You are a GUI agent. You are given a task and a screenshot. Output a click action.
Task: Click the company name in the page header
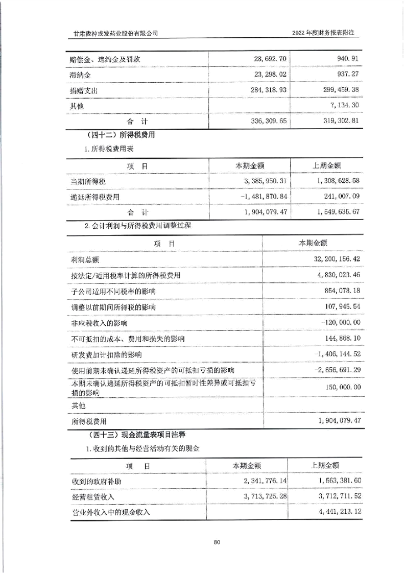click(x=115, y=33)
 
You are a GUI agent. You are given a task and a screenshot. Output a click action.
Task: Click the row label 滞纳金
click(x=80, y=75)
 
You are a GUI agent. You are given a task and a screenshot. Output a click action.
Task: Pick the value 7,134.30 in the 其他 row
click(x=344, y=106)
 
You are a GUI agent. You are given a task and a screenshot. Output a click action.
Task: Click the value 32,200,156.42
click(x=332, y=260)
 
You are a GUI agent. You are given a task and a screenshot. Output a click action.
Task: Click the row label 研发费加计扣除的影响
click(x=107, y=354)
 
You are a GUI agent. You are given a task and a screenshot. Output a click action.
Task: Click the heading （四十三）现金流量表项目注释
click(x=135, y=435)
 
